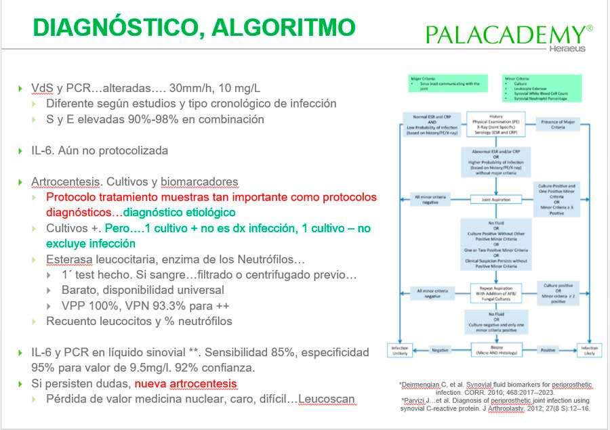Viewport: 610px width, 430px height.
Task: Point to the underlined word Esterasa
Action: point(71,259)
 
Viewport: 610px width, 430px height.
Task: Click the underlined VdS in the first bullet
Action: point(42,88)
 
